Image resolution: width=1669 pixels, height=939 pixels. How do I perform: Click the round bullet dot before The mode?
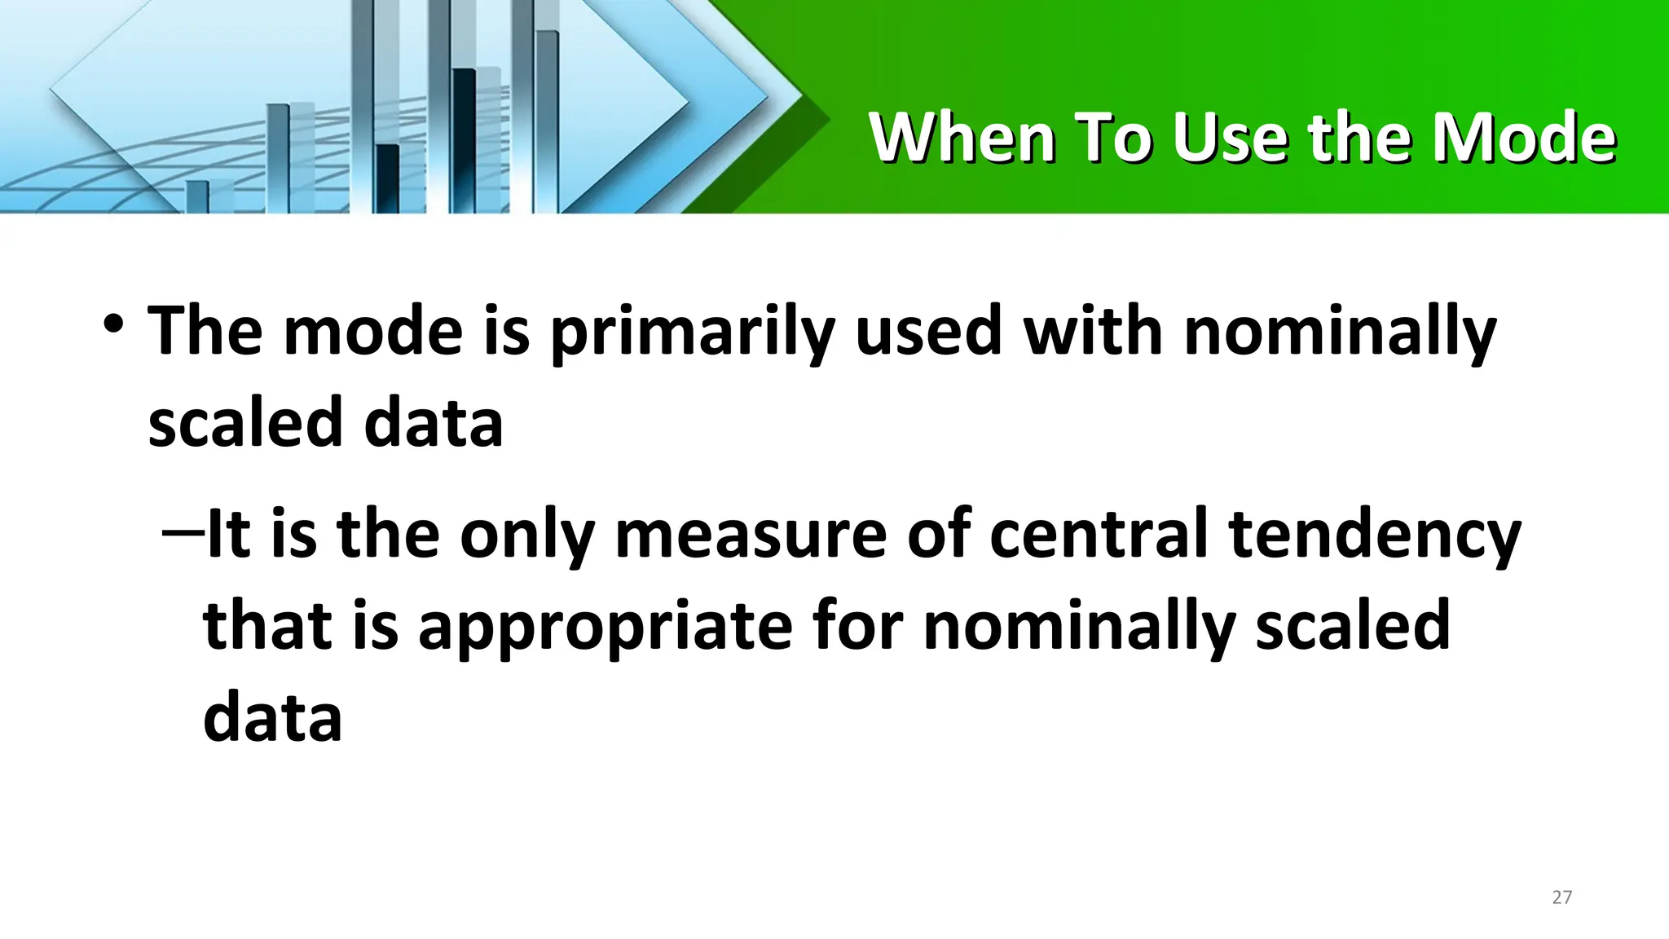coord(113,324)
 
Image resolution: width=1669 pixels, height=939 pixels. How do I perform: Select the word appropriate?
coord(605,627)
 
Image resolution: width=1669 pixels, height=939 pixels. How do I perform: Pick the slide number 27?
coord(1561,897)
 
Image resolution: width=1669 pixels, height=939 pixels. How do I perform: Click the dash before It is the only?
coord(183,532)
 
